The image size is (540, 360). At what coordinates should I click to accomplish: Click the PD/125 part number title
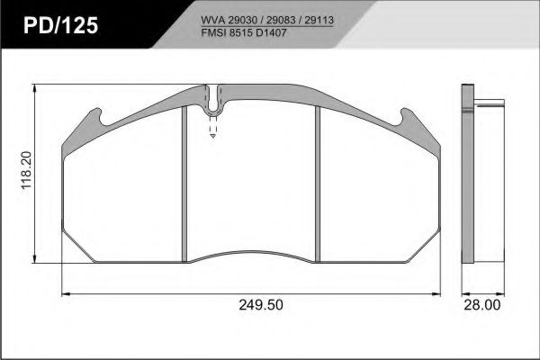tap(61, 25)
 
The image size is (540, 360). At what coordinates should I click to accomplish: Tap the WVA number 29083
tap(281, 21)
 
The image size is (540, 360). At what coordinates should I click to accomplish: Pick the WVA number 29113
tap(319, 21)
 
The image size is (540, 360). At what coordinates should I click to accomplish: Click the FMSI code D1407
tap(271, 32)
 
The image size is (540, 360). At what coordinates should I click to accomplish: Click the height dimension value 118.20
tap(26, 170)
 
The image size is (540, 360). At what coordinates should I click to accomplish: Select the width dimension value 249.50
tap(261, 304)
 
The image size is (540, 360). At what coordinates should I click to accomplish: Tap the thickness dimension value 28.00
tap(482, 304)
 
